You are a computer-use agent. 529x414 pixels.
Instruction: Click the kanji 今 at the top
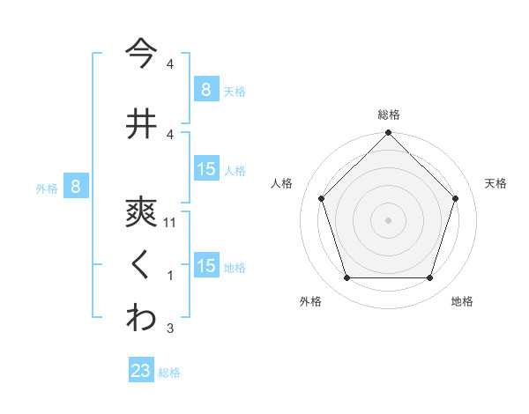(141, 52)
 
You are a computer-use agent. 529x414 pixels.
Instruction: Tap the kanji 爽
(141, 211)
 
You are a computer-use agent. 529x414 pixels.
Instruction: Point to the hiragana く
(141, 264)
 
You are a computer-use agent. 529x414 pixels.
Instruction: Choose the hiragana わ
(141, 318)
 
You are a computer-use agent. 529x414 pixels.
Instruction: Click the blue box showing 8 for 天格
(205, 90)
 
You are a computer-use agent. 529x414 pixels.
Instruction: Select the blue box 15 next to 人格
(206, 169)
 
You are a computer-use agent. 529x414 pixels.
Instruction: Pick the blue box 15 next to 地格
(206, 266)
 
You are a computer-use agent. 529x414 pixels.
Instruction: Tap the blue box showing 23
(141, 371)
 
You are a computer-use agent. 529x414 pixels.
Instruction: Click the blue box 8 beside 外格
(76, 187)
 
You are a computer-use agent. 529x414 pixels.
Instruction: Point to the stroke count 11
(171, 223)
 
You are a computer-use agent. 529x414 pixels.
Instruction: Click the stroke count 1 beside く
(170, 276)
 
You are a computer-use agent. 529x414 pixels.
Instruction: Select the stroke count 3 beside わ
(170, 329)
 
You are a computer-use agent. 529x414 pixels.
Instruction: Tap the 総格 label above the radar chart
(388, 115)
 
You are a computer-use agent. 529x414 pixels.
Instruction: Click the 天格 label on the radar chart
(495, 183)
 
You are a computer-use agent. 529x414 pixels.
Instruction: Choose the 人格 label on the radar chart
(281, 183)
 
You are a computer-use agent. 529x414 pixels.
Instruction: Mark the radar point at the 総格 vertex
(388, 134)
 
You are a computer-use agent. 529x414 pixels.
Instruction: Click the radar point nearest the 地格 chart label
(429, 278)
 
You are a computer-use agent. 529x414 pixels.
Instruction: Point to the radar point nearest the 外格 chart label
(346, 278)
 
